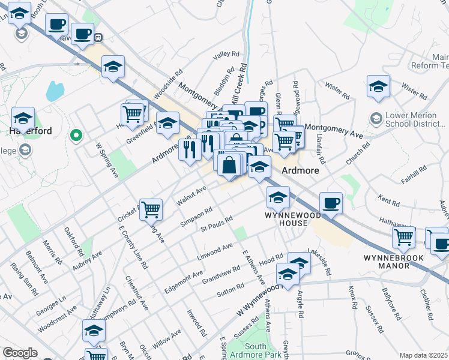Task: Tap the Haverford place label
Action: point(30,130)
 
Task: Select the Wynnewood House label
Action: point(287,218)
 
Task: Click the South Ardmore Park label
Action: point(264,350)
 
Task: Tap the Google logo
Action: point(20,353)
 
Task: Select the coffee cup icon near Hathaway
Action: point(331,203)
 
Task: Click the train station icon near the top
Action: point(97,37)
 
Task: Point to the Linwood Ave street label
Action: point(215,251)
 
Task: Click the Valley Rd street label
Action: point(226,55)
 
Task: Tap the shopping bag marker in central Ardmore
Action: point(229,164)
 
